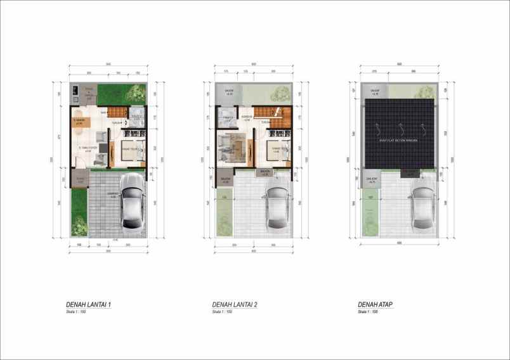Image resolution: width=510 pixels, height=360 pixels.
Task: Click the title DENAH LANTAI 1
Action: click(x=89, y=305)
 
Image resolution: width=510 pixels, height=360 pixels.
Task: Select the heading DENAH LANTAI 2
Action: click(x=235, y=305)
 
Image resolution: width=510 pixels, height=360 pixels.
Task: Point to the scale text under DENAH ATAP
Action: click(x=368, y=312)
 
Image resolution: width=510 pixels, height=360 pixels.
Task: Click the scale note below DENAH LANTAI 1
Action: click(x=77, y=312)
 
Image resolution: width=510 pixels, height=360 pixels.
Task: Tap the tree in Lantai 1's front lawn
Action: click(x=79, y=222)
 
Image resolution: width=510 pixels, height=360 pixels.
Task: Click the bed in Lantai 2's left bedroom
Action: click(x=231, y=148)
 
